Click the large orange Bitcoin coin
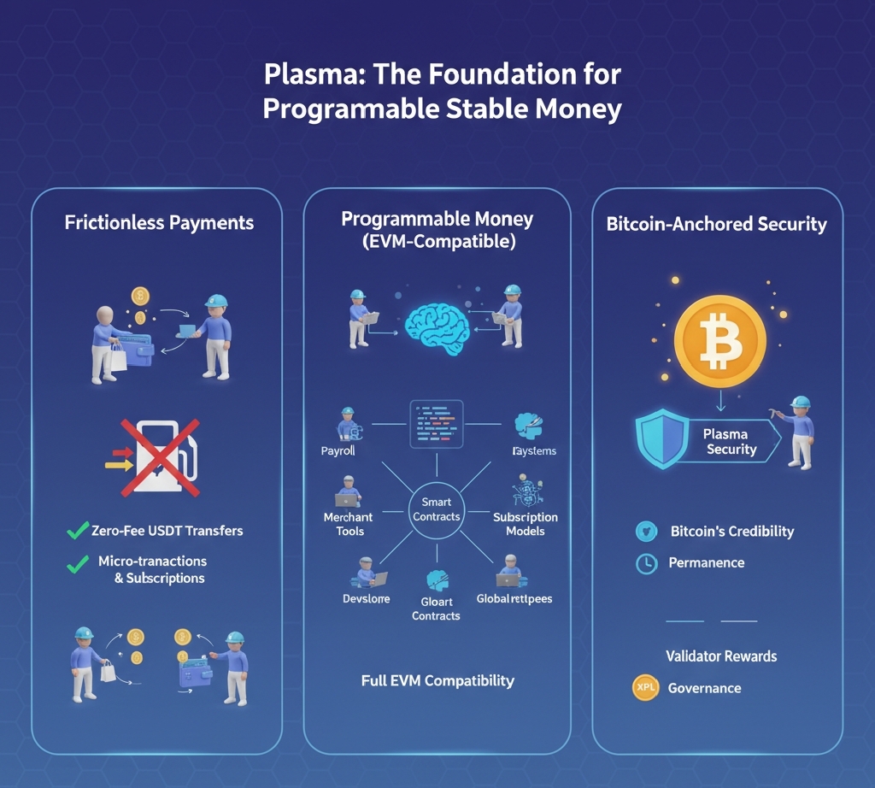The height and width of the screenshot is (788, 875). click(x=719, y=343)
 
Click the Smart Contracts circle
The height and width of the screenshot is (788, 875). click(x=436, y=509)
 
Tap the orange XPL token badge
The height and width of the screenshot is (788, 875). click(x=645, y=688)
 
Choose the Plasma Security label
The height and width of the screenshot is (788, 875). click(x=731, y=442)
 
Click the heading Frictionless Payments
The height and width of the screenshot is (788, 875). click(x=159, y=223)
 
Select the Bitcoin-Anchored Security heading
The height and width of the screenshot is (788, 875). click(x=716, y=225)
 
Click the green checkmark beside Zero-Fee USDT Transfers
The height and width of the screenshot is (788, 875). click(x=77, y=531)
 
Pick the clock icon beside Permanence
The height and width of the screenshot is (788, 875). click(x=646, y=563)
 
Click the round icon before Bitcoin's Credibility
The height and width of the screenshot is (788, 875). click(x=646, y=532)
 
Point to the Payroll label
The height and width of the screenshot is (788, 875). click(x=338, y=450)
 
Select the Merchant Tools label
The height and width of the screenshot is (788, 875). click(x=349, y=524)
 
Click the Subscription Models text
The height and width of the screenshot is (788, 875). click(x=525, y=524)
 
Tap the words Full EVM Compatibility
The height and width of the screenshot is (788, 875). click(x=437, y=681)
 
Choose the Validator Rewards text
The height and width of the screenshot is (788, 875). click(x=721, y=656)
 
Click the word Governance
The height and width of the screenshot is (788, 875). click(x=704, y=688)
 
